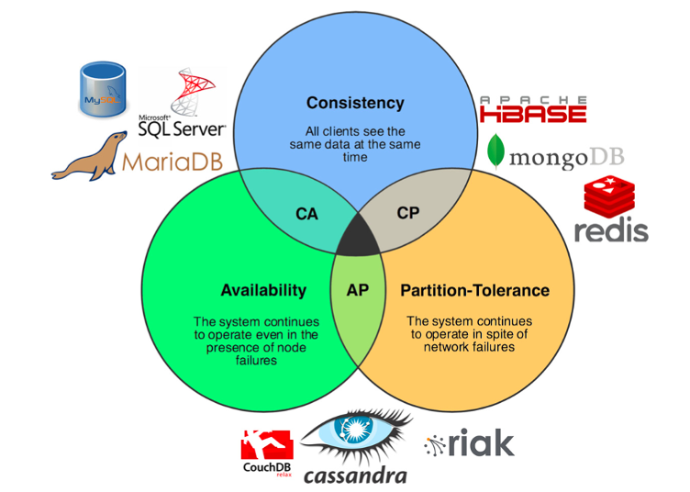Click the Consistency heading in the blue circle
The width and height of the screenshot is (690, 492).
coord(355,103)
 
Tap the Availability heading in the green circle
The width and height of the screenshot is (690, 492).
coord(263,290)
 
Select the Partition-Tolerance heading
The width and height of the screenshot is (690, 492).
coord(474,290)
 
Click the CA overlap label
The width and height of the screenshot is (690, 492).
coord(306,214)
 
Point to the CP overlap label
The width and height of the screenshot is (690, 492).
coord(408,212)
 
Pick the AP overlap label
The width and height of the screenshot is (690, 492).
coord(358,290)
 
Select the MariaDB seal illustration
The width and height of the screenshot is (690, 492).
coord(87,157)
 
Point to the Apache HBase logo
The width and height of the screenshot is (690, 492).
coord(533,109)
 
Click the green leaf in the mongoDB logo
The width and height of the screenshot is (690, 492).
coord(496,152)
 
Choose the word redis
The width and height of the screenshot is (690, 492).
coord(611,230)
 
